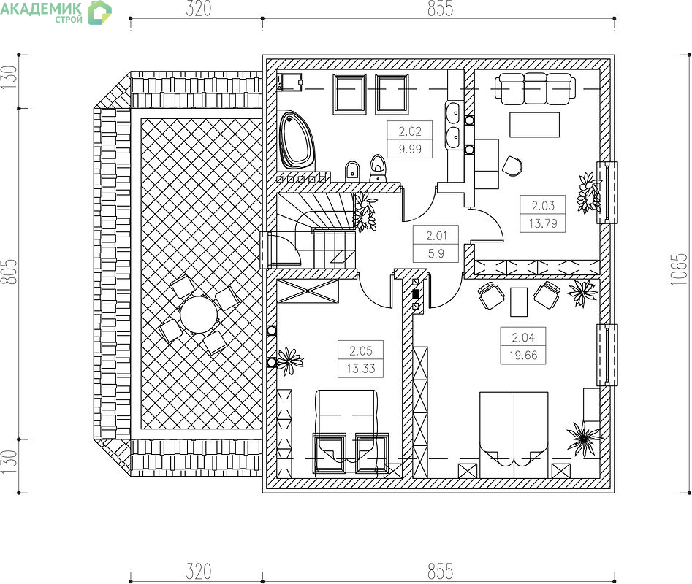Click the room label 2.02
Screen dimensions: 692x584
[409, 131]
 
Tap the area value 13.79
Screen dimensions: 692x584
[543, 223]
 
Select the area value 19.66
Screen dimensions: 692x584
[523, 355]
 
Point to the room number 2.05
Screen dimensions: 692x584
[361, 351]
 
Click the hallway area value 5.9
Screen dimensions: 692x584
[436, 253]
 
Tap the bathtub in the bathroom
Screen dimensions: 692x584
[297, 140]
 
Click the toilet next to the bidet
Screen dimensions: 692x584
[377, 168]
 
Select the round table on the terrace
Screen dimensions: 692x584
[199, 315]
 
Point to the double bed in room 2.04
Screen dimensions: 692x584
[514, 435]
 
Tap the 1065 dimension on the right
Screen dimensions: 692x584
[679, 269]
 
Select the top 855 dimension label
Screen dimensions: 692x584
[440, 8]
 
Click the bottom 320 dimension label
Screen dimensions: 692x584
[199, 572]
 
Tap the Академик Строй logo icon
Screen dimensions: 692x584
[99, 12]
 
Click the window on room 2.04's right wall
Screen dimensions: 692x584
[607, 355]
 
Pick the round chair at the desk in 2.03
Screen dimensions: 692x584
[512, 166]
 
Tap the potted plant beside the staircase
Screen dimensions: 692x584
[365, 212]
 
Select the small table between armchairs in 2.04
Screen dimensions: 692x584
[519, 302]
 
